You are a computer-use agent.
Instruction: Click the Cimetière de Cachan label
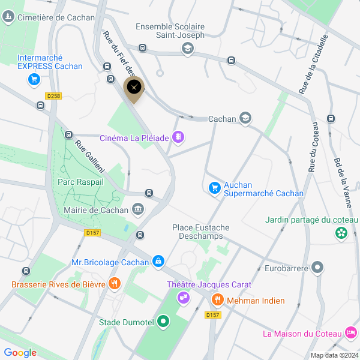pyautogui.click(x=56, y=17)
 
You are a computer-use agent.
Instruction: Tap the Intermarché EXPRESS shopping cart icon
pyautogui.click(x=34, y=79)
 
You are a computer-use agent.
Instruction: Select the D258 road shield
pyautogui.click(x=53, y=96)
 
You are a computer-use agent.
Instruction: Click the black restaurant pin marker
pyautogui.click(x=134, y=88)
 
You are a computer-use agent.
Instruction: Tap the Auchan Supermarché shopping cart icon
pyautogui.click(x=214, y=188)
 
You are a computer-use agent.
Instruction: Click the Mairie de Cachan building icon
pyautogui.click(x=139, y=209)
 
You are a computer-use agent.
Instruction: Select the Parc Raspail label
pyautogui.click(x=80, y=181)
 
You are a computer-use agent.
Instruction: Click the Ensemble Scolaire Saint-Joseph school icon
pyautogui.click(x=187, y=49)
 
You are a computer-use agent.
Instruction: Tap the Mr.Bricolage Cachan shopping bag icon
pyautogui.click(x=158, y=261)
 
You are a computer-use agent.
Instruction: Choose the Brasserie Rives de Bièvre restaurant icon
pyautogui.click(x=114, y=284)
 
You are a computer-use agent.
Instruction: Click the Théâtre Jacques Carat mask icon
pyautogui.click(x=183, y=297)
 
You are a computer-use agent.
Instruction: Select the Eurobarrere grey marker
pyautogui.click(x=318, y=268)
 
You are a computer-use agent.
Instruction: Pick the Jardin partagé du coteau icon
pyautogui.click(x=341, y=233)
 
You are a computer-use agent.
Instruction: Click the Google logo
pyautogui.click(x=20, y=352)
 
